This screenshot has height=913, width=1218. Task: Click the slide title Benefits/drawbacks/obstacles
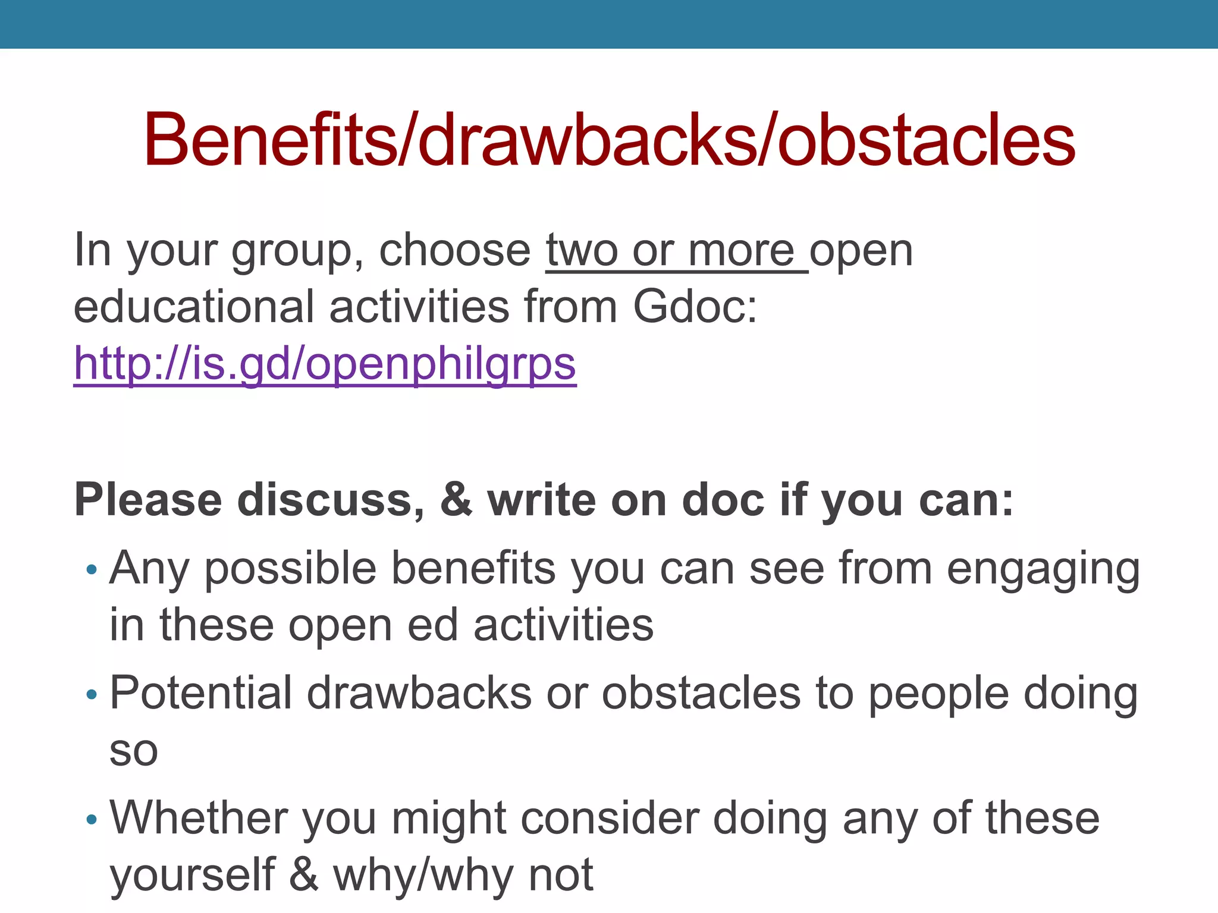(x=609, y=140)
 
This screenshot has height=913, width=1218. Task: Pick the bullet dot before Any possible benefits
(x=91, y=570)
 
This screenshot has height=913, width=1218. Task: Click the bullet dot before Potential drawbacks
(x=91, y=694)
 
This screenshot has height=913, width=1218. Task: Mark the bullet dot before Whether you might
(x=91, y=820)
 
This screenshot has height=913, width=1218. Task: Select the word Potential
(x=201, y=693)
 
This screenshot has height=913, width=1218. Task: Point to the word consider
(x=610, y=818)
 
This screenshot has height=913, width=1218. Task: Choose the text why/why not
(x=463, y=876)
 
